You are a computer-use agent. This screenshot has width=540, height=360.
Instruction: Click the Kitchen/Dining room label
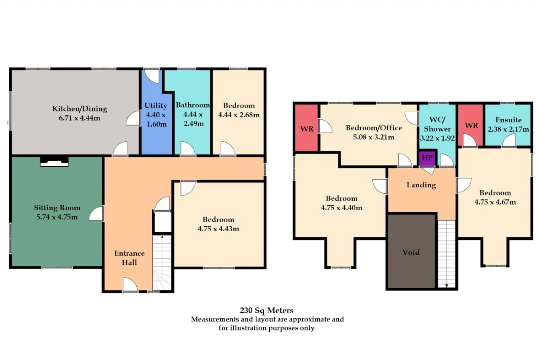tap(80, 109)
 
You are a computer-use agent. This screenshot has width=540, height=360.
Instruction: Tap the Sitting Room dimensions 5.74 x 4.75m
tap(57, 217)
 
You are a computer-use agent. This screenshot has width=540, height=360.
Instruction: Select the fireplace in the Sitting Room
tap(54, 162)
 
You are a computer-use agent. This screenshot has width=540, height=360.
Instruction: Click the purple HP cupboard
tap(427, 158)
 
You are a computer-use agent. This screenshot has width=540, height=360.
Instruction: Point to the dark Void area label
tap(411, 252)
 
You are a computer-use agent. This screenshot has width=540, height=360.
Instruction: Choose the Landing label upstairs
tap(421, 185)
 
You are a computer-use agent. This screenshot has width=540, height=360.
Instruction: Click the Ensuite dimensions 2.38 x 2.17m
tap(508, 129)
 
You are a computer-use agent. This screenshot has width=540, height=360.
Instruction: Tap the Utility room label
tap(156, 106)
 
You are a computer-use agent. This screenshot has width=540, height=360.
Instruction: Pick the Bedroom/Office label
tap(374, 128)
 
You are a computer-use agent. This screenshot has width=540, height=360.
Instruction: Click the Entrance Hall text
tap(130, 258)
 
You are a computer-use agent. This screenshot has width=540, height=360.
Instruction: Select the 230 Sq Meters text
tap(267, 310)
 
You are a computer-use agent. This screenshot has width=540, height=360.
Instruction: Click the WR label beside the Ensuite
tap(472, 126)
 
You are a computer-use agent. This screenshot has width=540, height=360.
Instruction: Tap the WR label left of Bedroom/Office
tap(307, 129)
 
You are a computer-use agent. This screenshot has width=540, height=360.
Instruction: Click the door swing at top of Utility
tap(152, 76)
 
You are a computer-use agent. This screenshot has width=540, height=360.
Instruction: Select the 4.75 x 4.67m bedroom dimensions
tap(495, 202)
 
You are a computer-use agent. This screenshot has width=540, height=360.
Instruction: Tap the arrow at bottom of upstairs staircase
tap(446, 286)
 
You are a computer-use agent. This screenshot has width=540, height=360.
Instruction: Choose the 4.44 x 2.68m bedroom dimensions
tap(239, 115)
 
